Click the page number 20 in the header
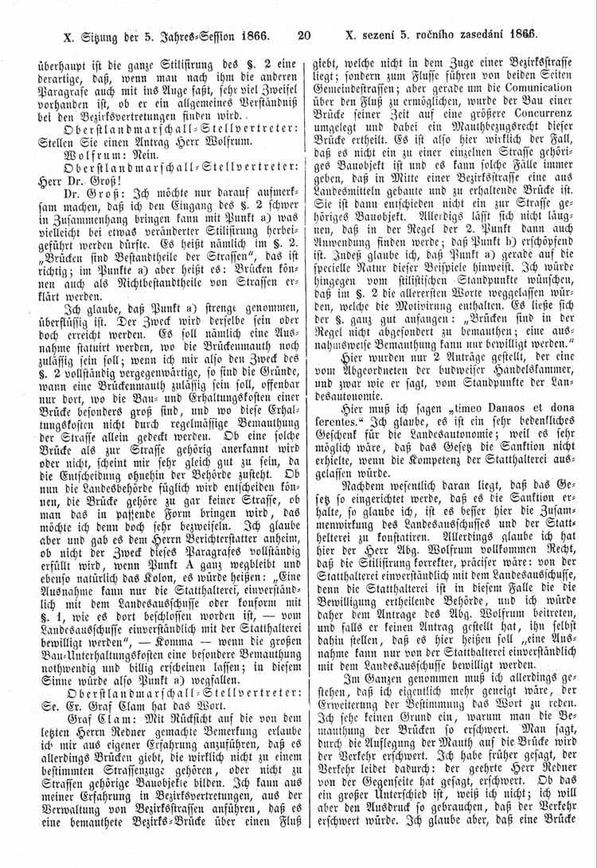pyautogui.click(x=302, y=36)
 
